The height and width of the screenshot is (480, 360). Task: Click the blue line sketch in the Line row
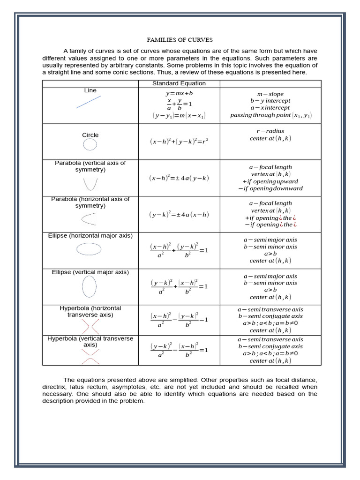tap(88, 102)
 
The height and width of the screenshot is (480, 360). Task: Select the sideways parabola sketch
tap(90, 218)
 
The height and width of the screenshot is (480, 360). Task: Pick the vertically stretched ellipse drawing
tap(90, 286)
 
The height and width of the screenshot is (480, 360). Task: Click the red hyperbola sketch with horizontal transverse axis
tap(90, 324)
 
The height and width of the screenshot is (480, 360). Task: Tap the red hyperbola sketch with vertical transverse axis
tap(90, 355)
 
